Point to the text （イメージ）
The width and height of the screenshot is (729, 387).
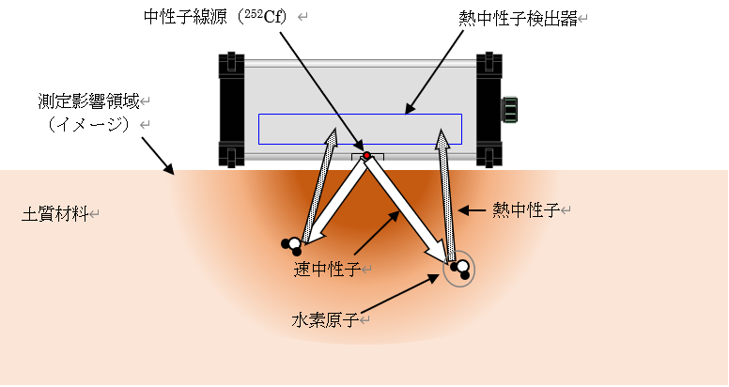point(85,124)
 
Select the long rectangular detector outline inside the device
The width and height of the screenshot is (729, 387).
point(360,129)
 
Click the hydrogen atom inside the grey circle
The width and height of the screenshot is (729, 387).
point(461,270)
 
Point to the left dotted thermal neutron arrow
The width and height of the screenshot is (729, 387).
point(322,183)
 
